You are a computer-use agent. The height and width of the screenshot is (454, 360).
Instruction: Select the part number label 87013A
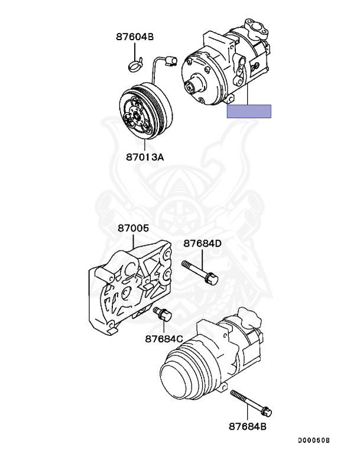coord(144,157)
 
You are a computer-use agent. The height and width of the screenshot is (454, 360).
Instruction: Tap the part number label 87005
coord(133,228)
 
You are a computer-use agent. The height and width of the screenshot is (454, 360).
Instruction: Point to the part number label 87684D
coord(202,243)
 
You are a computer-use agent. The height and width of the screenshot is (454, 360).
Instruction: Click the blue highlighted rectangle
coord(249,111)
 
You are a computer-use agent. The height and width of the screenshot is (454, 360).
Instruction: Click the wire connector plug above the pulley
coord(172,59)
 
